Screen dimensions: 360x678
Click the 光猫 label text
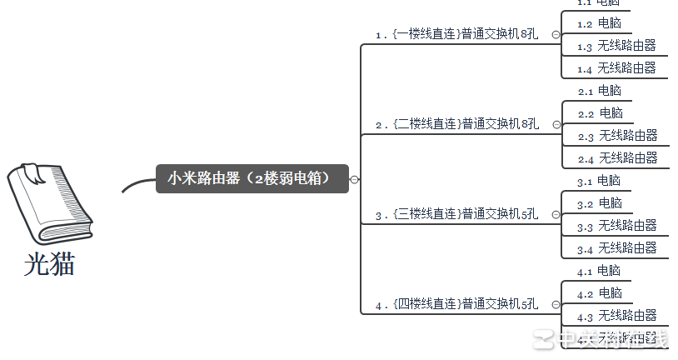click(49, 264)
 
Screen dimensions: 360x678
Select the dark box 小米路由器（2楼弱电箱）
click(252, 178)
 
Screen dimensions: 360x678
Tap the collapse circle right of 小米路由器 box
click(355, 179)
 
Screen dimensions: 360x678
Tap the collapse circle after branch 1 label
click(556, 35)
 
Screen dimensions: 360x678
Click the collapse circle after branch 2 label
click(556, 125)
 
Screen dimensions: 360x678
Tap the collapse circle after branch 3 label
click(556, 215)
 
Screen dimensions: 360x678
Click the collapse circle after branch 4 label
click(556, 305)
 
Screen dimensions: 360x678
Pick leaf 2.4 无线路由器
click(617, 158)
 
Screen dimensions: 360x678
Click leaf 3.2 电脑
click(600, 203)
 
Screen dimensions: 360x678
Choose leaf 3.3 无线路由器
click(616, 226)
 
